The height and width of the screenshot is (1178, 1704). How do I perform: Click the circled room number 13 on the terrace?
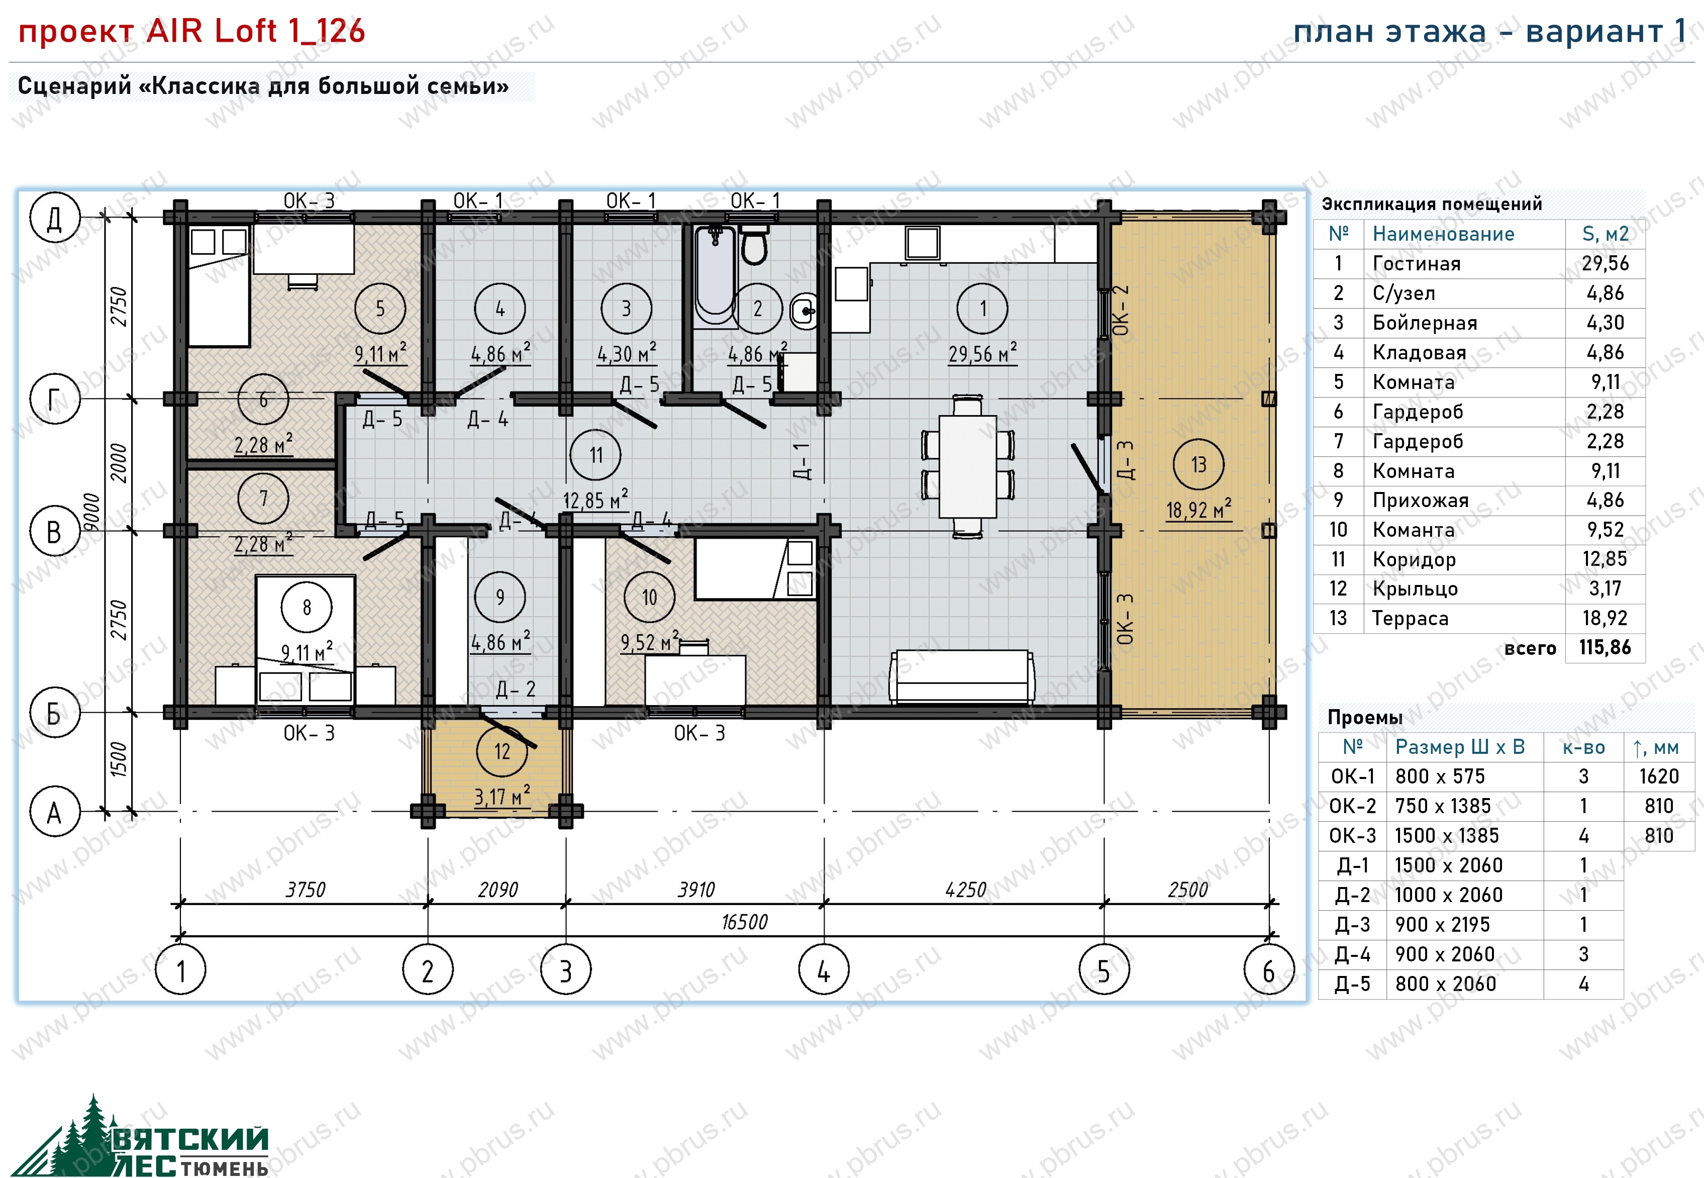(x=1198, y=464)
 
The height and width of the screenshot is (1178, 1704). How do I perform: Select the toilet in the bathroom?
(x=753, y=244)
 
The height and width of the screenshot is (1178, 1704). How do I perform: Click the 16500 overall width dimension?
(x=744, y=922)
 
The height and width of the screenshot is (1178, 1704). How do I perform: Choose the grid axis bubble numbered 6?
(x=1269, y=969)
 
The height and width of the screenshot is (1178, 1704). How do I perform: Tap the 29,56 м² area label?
(x=982, y=353)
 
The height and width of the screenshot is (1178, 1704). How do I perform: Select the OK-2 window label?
(x=1120, y=310)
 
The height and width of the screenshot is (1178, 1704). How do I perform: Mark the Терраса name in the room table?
(x=1410, y=619)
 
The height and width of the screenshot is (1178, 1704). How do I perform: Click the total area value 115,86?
(x=1605, y=647)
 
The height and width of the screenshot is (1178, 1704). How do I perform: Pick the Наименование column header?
(x=1443, y=234)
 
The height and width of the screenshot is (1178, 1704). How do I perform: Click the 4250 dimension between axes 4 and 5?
(x=965, y=890)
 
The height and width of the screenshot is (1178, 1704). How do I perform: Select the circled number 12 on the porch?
(x=502, y=751)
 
